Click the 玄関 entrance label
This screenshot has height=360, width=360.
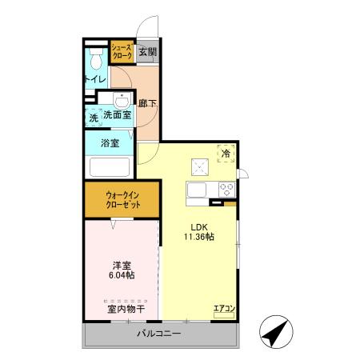point(147,53)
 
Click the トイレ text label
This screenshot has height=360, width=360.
point(95,79)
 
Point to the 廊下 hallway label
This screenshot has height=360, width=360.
point(146,102)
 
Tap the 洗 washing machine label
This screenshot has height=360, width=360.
point(93,118)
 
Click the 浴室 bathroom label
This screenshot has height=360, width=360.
point(110,144)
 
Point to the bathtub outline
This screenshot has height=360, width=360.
point(110,167)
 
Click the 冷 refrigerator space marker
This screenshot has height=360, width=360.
point(226,154)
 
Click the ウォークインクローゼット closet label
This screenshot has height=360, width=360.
point(122,199)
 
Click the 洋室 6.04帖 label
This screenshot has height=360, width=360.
point(121,269)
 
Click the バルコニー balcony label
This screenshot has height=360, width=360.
point(158,334)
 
